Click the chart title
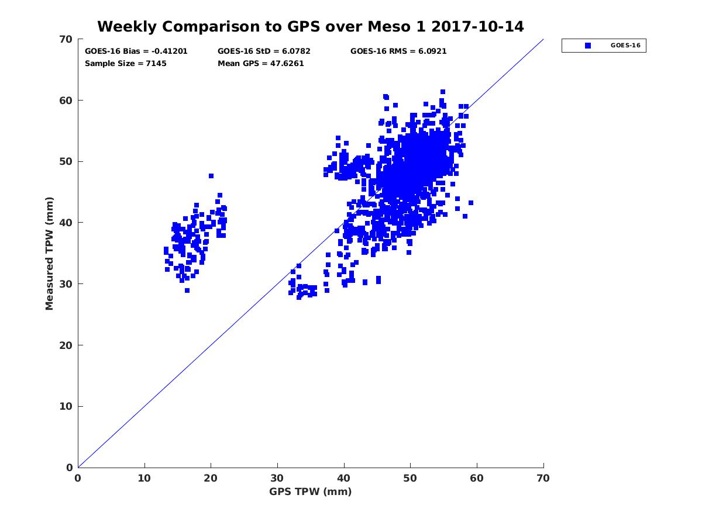(x=310, y=26)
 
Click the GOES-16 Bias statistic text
(x=136, y=51)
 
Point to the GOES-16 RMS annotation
(x=398, y=51)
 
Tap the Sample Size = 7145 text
(x=126, y=63)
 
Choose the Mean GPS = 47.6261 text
(x=261, y=63)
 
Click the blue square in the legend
(x=588, y=46)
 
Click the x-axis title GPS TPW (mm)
(x=311, y=492)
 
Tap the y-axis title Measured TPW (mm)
(x=50, y=254)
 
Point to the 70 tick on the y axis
(x=66, y=39)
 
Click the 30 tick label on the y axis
(x=66, y=284)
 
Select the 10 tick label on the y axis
(x=66, y=407)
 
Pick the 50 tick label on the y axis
(x=66, y=162)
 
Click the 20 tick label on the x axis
(x=211, y=478)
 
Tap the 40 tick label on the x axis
(x=344, y=478)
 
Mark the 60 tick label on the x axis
(x=477, y=478)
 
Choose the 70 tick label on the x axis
(x=543, y=478)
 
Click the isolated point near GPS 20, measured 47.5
(x=211, y=176)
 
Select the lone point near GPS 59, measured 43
(x=471, y=203)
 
